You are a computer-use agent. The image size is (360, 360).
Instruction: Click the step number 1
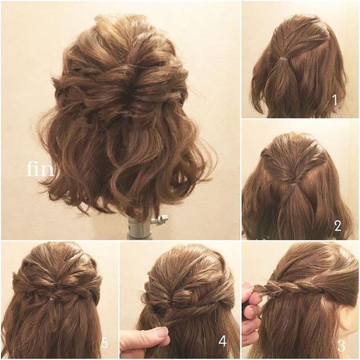(334, 100)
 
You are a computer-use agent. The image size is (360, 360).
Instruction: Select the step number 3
(341, 346)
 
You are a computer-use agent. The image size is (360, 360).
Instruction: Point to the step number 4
(222, 341)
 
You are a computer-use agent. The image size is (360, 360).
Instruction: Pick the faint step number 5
(104, 343)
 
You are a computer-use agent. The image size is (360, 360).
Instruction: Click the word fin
(40, 169)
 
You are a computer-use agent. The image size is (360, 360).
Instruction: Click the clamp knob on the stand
(161, 220)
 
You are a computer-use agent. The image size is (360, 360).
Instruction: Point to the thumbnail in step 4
(161, 331)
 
